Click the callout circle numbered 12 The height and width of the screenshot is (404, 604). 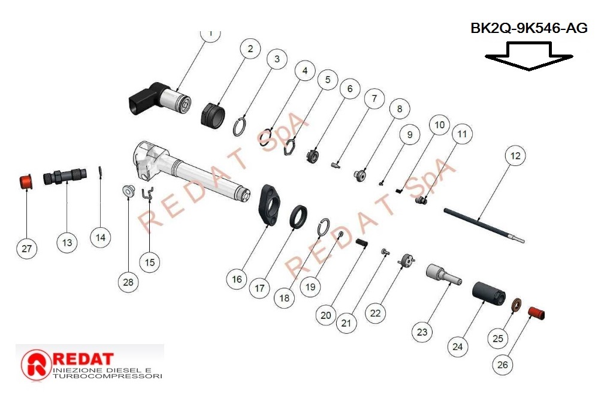click(x=515, y=156)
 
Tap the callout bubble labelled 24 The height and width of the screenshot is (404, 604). click(x=458, y=346)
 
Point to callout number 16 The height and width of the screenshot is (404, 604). click(x=237, y=279)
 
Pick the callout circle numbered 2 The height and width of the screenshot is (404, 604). click(x=250, y=49)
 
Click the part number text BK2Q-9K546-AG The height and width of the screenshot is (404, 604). click(x=528, y=28)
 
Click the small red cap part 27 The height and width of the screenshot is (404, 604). click(x=25, y=180)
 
